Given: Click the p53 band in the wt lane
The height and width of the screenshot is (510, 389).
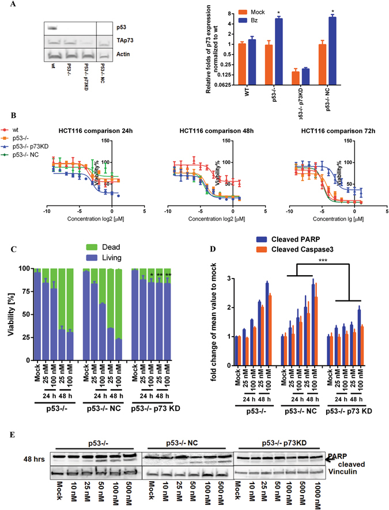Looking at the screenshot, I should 52,27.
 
